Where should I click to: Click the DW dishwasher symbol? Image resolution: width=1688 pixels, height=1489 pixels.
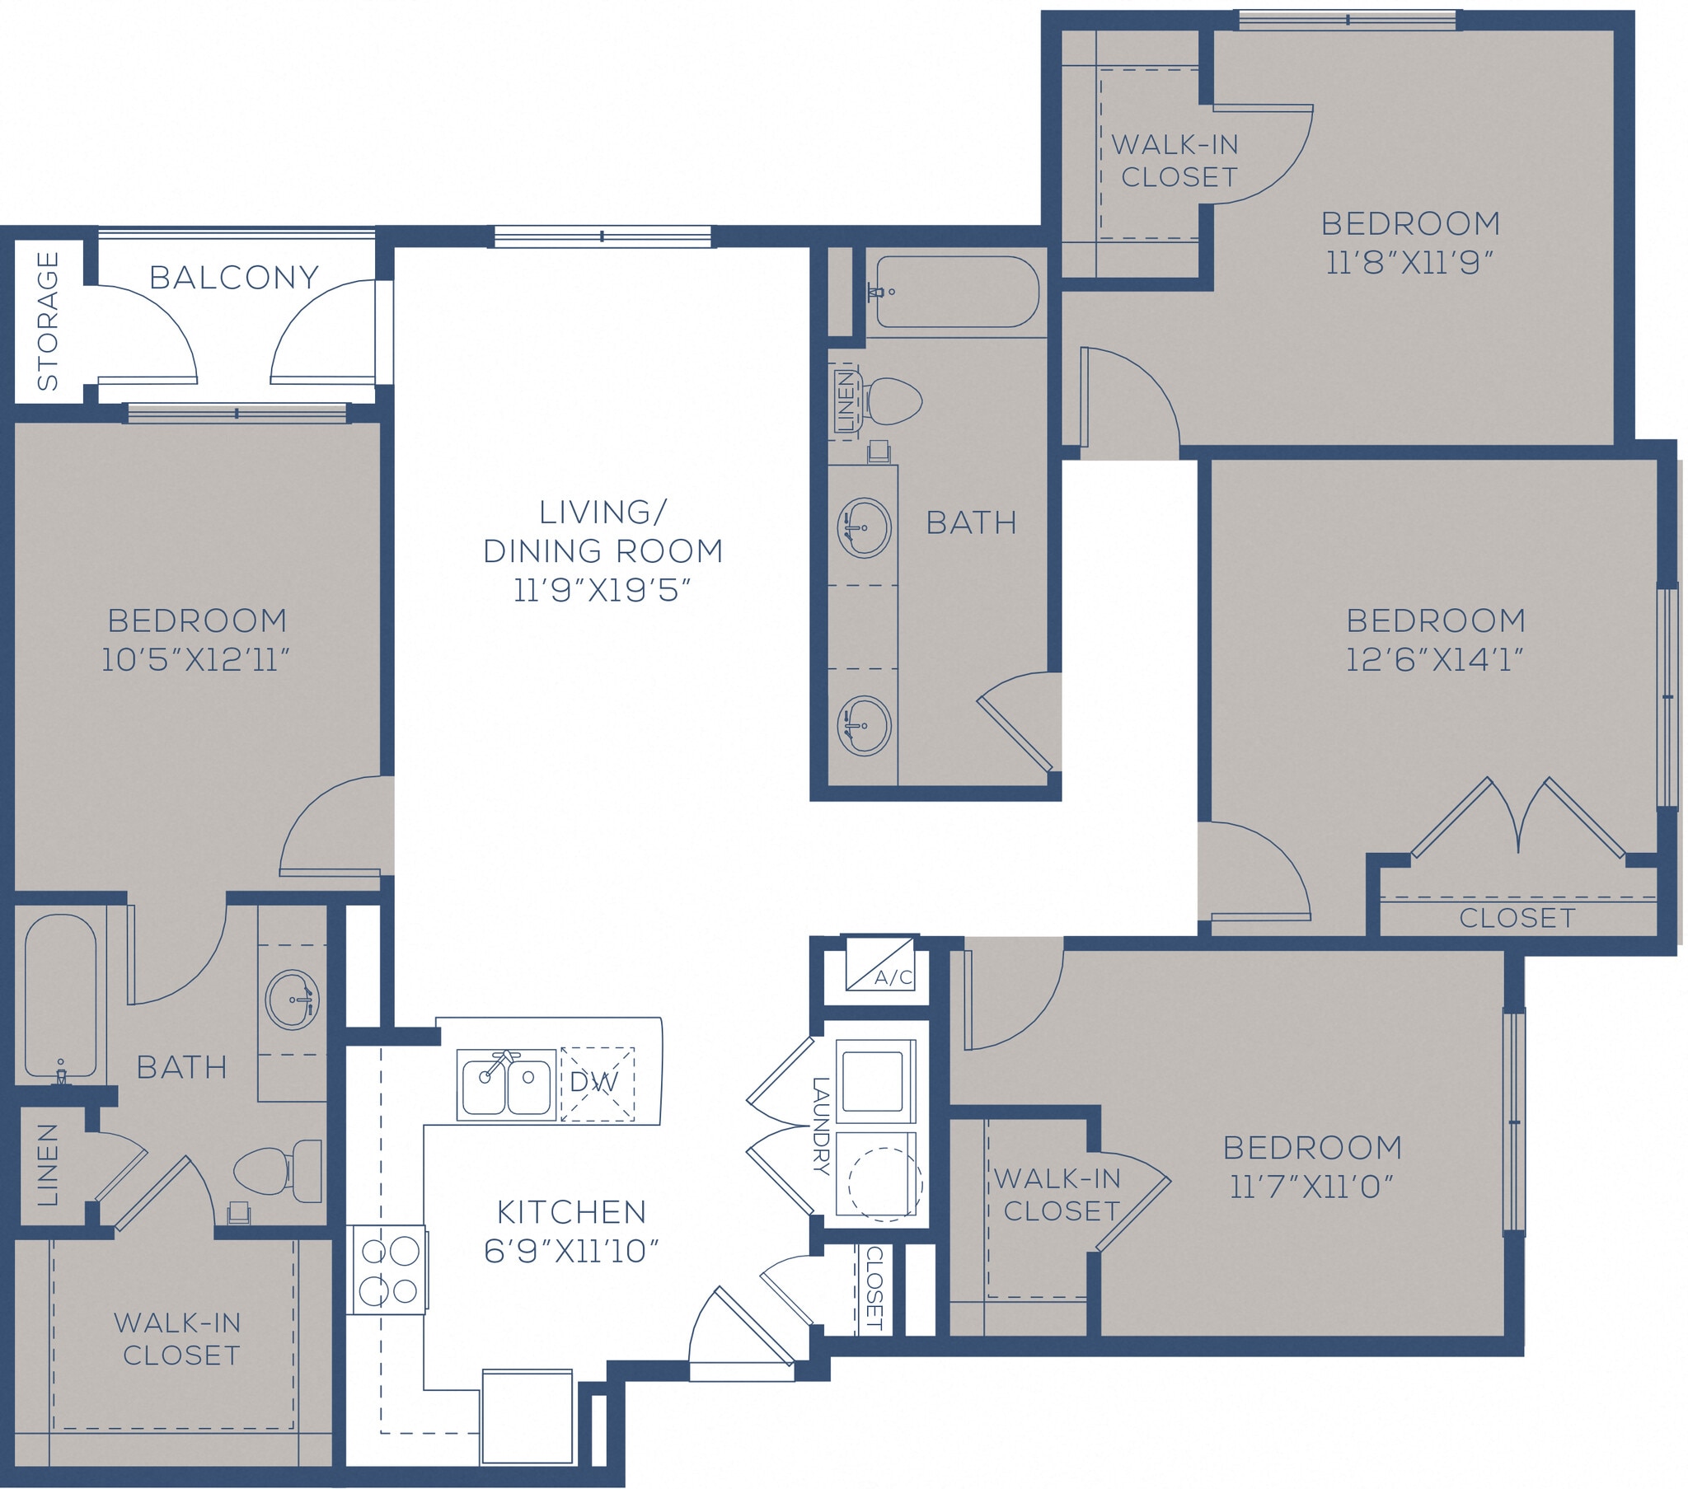pos(597,1084)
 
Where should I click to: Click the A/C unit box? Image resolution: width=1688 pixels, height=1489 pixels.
pos(879,964)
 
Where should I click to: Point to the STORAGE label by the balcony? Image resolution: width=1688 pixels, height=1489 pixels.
pos(48,321)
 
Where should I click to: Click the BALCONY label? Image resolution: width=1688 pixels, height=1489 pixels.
pos(234,278)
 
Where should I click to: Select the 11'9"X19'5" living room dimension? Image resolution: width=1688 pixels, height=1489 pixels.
pos(602,591)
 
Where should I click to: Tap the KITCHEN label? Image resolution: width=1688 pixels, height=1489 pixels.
pos(571,1212)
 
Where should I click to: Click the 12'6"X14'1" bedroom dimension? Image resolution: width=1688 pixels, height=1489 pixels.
pos(1435,660)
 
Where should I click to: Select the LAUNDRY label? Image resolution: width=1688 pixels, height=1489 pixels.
pos(820,1125)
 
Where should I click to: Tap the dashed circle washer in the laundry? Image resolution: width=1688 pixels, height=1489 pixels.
pos(884,1183)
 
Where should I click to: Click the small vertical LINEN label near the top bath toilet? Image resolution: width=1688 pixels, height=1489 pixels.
pos(845,401)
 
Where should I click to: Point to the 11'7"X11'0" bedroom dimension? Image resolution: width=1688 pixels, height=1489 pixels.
pos(1312,1187)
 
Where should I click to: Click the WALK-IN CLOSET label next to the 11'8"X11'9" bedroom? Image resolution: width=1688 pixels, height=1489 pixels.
pos(1176,160)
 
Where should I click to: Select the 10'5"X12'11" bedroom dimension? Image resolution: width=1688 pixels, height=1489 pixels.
pos(195,660)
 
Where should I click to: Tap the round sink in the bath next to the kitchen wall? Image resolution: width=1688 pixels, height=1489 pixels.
pos(293,1000)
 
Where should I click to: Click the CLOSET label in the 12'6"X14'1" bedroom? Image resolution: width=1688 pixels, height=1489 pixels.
pos(1517,917)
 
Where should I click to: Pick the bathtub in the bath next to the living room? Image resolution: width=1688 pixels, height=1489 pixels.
pos(956,292)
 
